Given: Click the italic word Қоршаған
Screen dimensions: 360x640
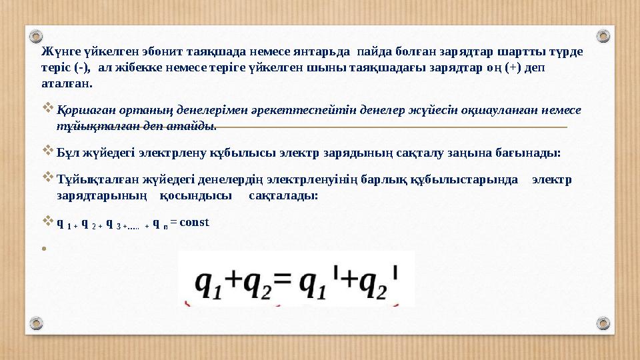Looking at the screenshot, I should [x=81, y=110].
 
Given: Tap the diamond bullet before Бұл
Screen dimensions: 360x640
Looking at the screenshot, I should [x=47, y=152].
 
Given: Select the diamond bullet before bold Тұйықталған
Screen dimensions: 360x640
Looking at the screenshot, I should [x=47, y=179].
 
